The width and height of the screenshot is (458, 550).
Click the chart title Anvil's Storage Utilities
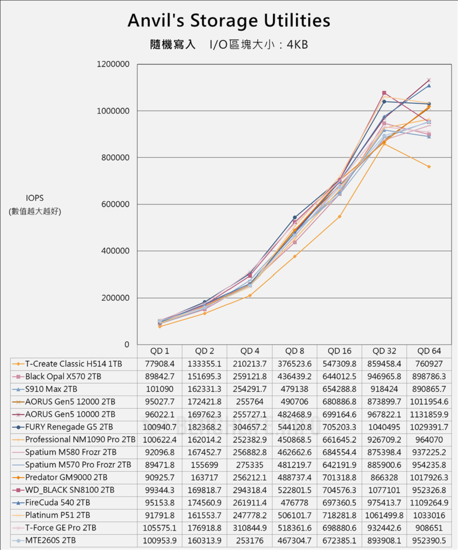pos(229,21)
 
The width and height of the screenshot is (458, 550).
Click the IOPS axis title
pos(35,198)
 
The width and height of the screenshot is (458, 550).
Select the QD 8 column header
pos(294,351)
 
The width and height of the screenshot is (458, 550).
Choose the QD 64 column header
pos(429,351)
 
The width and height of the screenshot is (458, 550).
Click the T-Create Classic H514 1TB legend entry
pos(73,364)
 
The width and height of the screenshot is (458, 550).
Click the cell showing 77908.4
pos(160,364)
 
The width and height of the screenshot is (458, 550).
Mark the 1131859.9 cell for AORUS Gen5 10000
pos(429,414)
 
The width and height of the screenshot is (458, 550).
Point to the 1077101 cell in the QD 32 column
pos(384,489)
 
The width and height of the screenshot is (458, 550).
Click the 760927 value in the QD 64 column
pos(429,364)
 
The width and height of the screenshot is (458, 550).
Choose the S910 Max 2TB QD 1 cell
pos(160,389)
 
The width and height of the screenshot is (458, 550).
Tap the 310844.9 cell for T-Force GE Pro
pos(250,528)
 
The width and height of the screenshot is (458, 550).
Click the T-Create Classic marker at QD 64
pos(429,167)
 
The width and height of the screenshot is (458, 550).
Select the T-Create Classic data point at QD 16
pos(339,216)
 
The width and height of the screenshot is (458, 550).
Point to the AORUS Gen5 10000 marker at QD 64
pos(429,80)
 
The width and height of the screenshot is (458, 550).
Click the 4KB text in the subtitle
pos(297,45)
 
